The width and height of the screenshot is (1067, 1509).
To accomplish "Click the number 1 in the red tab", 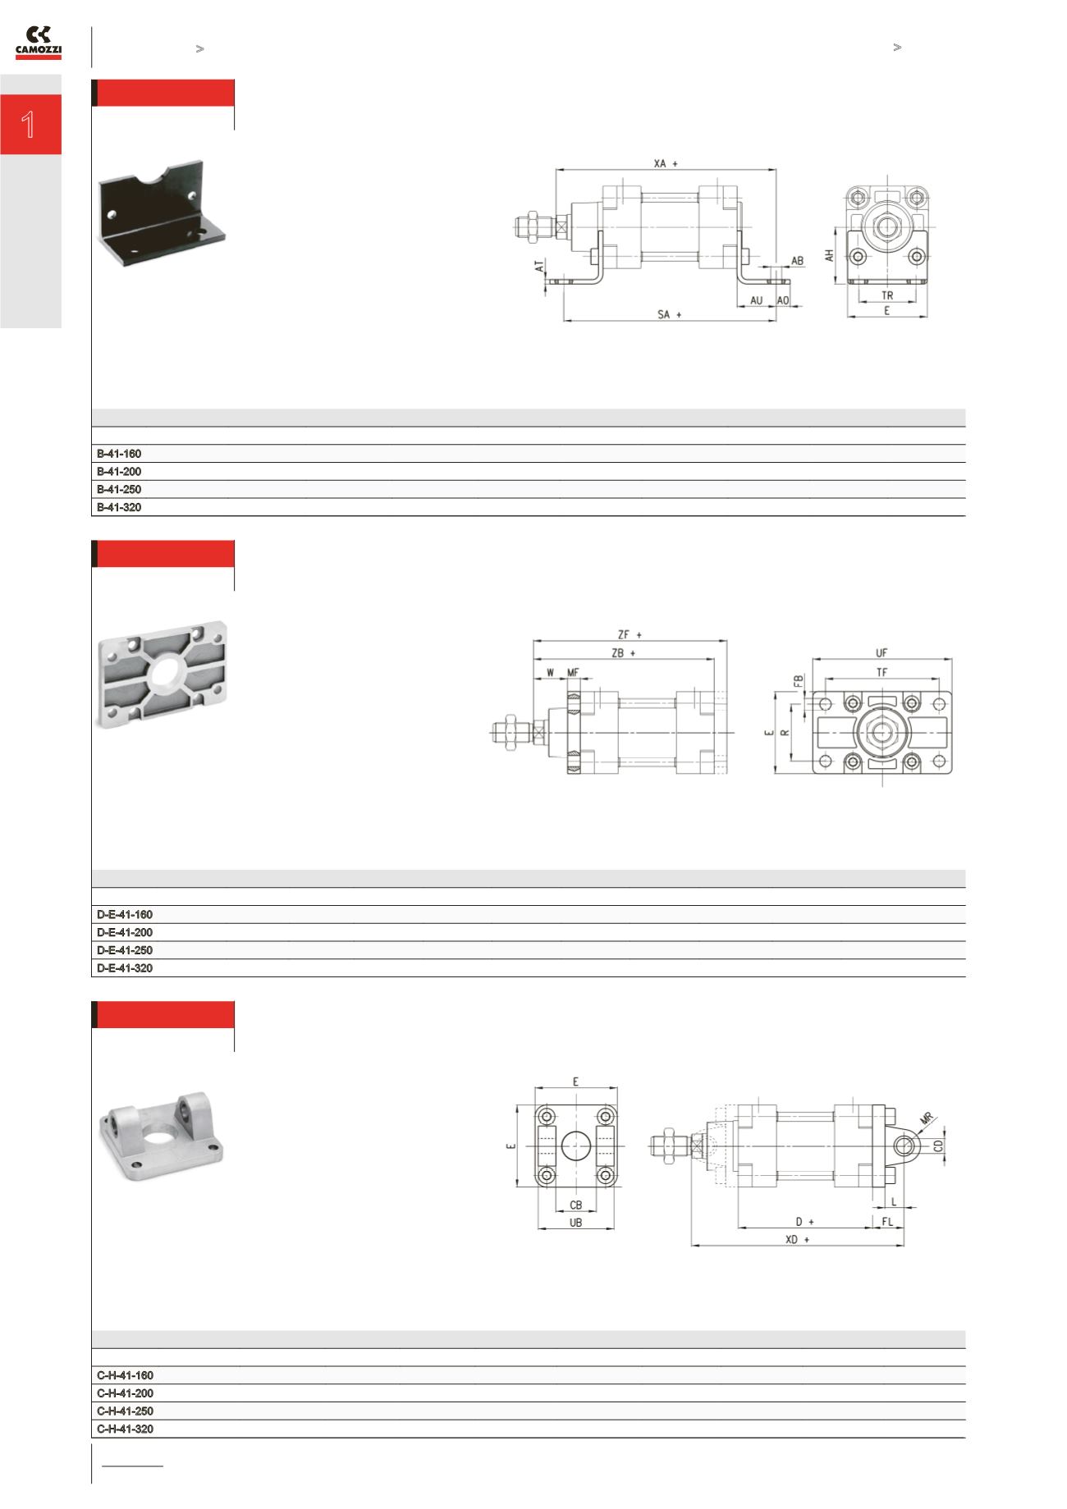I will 29,125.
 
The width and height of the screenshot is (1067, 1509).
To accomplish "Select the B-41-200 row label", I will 119,472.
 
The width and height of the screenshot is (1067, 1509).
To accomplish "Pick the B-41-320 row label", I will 119,508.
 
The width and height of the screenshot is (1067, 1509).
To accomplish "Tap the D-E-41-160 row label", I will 125,915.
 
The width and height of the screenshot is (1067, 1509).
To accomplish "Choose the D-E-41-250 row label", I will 125,951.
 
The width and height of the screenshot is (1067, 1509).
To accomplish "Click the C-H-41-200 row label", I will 125,1394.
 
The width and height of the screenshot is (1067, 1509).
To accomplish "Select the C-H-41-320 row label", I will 125,1429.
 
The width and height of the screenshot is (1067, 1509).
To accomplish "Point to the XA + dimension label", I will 666,164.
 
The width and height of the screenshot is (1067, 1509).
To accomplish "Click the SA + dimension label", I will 670,314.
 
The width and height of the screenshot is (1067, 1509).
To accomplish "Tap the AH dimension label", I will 830,256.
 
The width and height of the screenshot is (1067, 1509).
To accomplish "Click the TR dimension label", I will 887,295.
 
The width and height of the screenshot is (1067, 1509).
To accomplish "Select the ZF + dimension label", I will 630,634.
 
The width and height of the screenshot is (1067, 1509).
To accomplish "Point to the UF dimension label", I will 882,653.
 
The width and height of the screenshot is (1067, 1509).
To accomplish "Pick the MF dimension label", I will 573,673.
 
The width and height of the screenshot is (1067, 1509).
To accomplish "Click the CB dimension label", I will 575,1205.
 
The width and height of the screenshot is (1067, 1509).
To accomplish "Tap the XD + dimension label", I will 797,1240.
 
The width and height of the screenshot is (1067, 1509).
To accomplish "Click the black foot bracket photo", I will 163,208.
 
